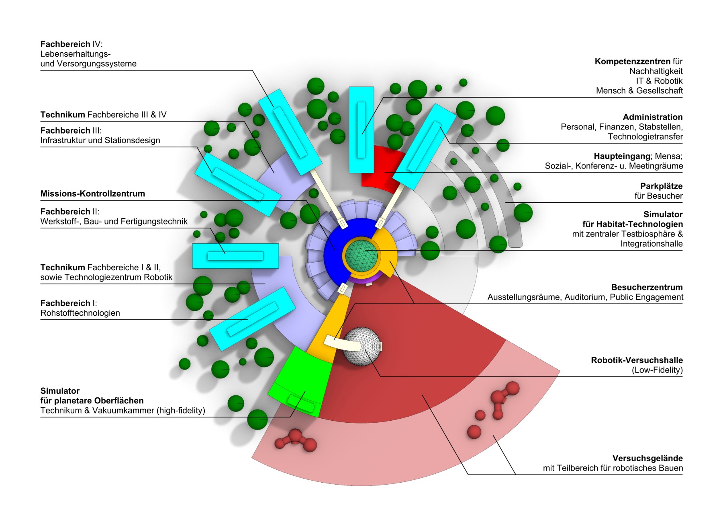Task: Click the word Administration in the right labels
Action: [652, 117]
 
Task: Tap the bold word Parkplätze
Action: [661, 186]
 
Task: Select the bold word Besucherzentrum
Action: [647, 287]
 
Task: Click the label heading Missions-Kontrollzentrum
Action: [93, 193]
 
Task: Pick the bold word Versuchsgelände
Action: [647, 458]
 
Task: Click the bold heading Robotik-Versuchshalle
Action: [637, 360]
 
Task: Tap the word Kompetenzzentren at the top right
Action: [633, 61]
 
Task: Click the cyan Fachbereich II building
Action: [235, 256]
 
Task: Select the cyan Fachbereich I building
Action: [252, 319]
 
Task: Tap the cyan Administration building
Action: [424, 146]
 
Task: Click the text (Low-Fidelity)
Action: [657, 370]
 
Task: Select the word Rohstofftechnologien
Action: [80, 313]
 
